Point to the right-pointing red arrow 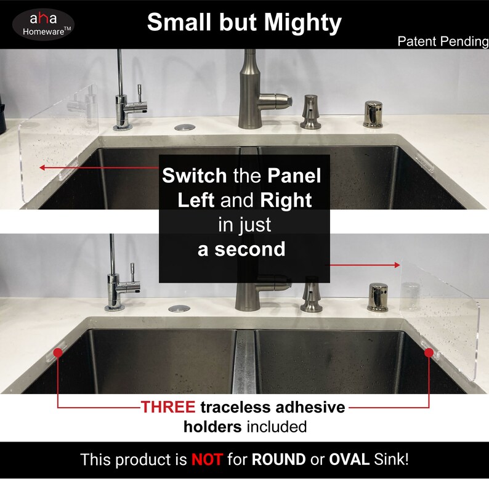pyautogui.click(x=364, y=265)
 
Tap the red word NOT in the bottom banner pyautogui.click(x=206, y=459)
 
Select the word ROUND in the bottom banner pyautogui.click(x=278, y=459)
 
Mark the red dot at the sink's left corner pyautogui.click(x=58, y=352)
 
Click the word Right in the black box pyautogui.click(x=286, y=200)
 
